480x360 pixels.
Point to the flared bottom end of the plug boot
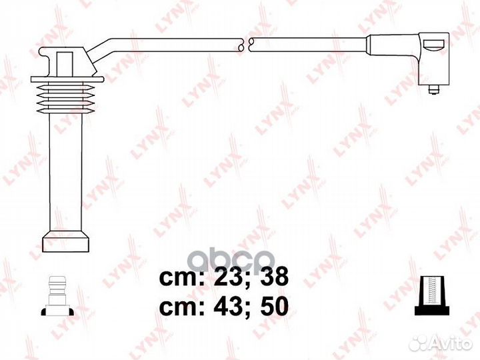click(x=65, y=241)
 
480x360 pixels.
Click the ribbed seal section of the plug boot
click(x=67, y=95)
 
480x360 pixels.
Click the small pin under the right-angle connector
click(x=434, y=88)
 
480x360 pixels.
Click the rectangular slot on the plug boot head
click(x=65, y=63)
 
